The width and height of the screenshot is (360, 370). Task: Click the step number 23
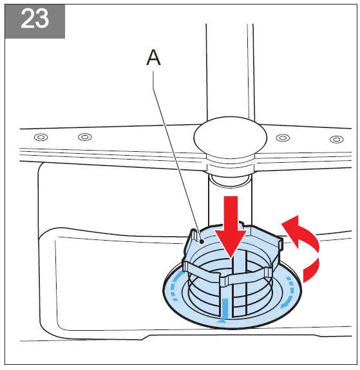pyautogui.click(x=35, y=19)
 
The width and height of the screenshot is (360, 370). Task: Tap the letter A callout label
pyautogui.click(x=153, y=58)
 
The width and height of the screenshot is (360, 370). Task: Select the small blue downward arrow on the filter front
pyautogui.click(x=224, y=308)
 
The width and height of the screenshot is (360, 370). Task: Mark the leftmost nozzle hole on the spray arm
pyautogui.click(x=41, y=136)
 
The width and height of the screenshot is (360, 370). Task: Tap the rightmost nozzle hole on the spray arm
pyautogui.click(x=336, y=139)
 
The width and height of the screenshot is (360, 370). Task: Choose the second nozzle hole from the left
pyautogui.click(x=84, y=137)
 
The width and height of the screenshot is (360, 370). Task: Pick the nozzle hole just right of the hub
pyautogui.click(x=281, y=138)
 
